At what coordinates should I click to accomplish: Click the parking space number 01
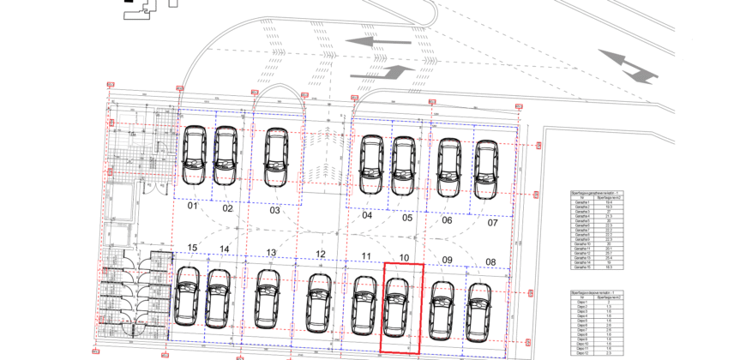click(x=193, y=207)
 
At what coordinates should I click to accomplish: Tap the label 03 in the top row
click(x=274, y=210)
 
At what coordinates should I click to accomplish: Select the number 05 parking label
click(x=407, y=218)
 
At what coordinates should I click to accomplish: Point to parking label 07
click(x=492, y=223)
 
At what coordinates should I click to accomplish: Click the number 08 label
click(x=490, y=261)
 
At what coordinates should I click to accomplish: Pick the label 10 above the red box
click(x=403, y=257)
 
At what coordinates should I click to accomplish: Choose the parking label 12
click(x=320, y=254)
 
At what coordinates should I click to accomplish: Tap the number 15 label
click(x=192, y=249)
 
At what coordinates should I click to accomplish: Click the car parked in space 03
click(x=275, y=158)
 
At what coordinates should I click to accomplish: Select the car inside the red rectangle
click(x=396, y=306)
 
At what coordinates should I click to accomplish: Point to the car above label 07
click(x=485, y=167)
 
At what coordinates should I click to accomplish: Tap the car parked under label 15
click(x=187, y=296)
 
